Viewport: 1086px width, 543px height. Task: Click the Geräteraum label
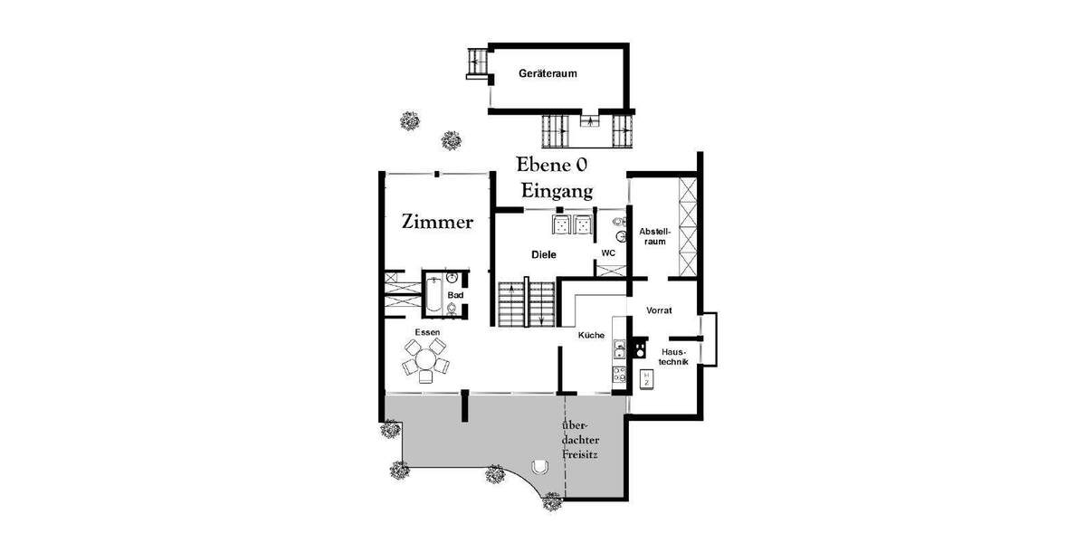pyautogui.click(x=548, y=73)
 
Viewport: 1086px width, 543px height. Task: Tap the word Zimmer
pyautogui.click(x=437, y=222)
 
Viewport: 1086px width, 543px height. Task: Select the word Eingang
pyautogui.click(x=556, y=191)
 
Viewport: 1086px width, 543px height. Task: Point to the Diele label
pyautogui.click(x=543, y=255)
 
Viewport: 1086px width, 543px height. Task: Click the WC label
pyautogui.click(x=608, y=252)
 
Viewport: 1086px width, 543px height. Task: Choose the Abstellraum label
pyautogui.click(x=653, y=236)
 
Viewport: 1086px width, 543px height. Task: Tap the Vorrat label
pyautogui.click(x=658, y=310)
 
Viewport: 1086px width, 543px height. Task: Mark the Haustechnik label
pyautogui.click(x=674, y=356)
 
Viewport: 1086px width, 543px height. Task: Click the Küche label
pyautogui.click(x=591, y=336)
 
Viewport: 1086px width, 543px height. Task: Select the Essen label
pyautogui.click(x=427, y=332)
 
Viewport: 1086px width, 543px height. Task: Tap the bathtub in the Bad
pyautogui.click(x=434, y=294)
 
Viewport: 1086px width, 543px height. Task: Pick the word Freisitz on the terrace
pyautogui.click(x=579, y=454)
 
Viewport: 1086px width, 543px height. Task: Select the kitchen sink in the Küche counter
pyautogui.click(x=620, y=348)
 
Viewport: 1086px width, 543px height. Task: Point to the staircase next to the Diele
pyautogui.click(x=526, y=303)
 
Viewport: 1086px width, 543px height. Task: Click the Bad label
pyautogui.click(x=456, y=295)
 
